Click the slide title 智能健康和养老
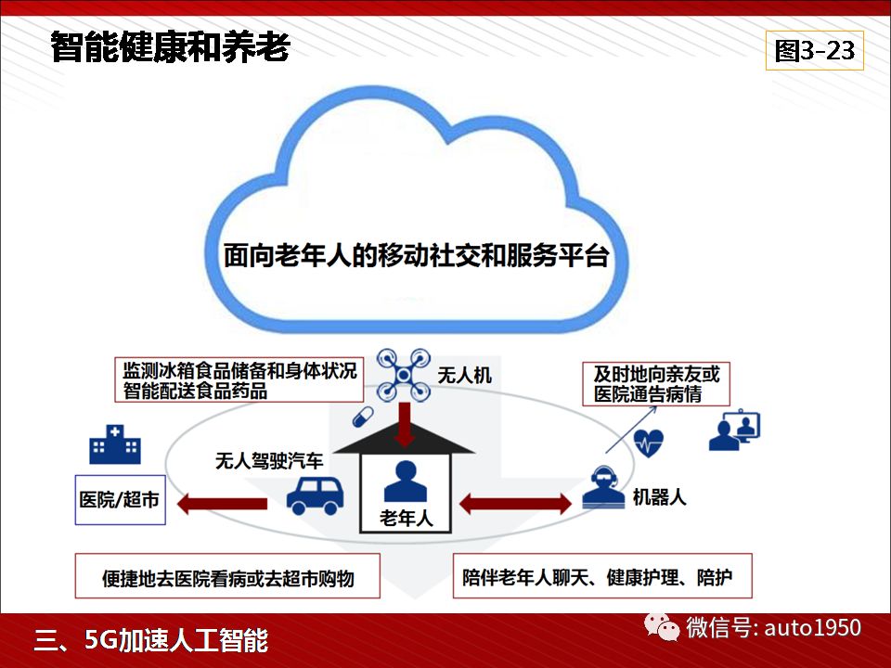(x=171, y=46)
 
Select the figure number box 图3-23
(x=814, y=50)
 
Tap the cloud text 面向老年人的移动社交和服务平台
(x=417, y=256)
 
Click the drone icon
(x=404, y=375)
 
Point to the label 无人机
(x=464, y=375)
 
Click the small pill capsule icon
(x=363, y=417)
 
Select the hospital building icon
(x=115, y=444)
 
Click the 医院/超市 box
(x=121, y=500)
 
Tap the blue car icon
(x=315, y=495)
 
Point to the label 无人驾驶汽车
(x=269, y=461)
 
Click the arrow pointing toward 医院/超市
(x=222, y=503)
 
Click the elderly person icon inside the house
(x=406, y=482)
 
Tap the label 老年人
(x=406, y=518)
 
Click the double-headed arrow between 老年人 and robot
(x=515, y=503)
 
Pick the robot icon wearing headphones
(x=603, y=487)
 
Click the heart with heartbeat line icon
(x=649, y=443)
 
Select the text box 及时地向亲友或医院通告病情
(x=656, y=384)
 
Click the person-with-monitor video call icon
(x=734, y=430)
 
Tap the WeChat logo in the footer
(x=661, y=627)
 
